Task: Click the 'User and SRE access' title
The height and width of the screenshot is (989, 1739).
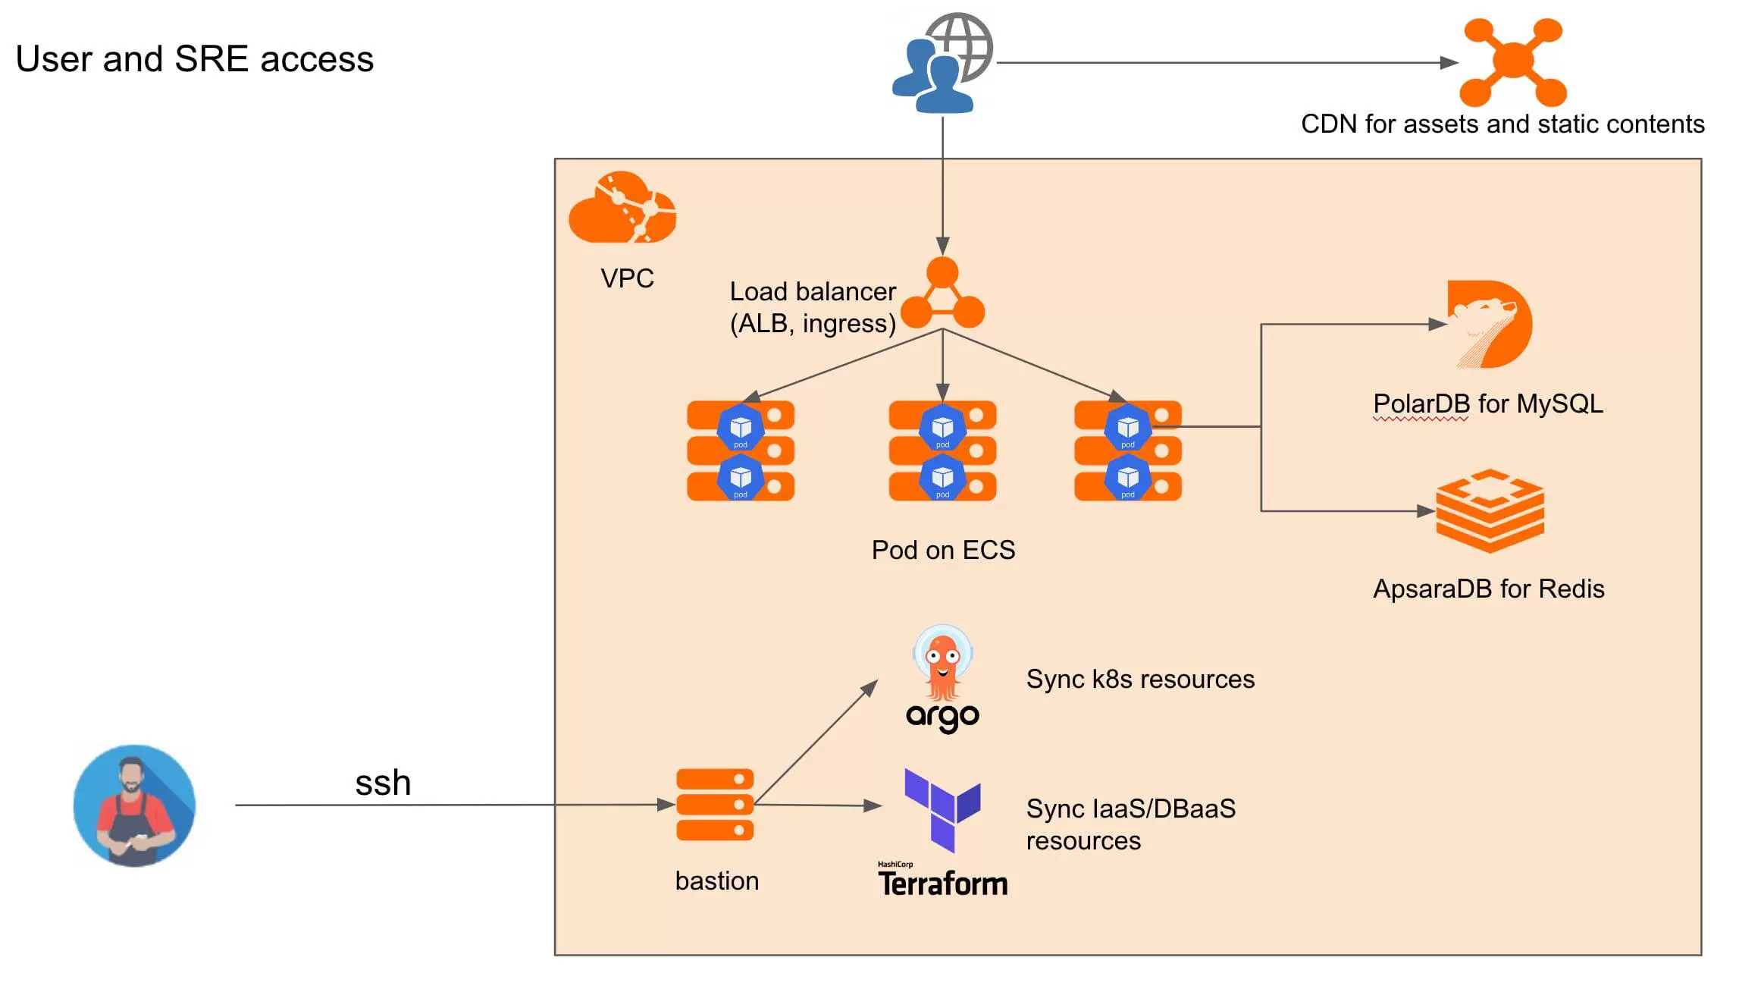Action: pos(195,59)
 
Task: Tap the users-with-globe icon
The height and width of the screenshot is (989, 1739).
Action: pos(942,64)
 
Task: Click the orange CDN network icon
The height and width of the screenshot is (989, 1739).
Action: pos(1512,61)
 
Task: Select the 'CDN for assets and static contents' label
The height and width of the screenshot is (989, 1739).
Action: pos(1502,124)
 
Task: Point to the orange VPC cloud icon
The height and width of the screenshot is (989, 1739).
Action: pos(622,208)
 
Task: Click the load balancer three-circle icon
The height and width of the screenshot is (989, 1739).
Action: pos(942,294)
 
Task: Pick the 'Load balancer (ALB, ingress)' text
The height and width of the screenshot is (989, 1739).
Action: pos(813,307)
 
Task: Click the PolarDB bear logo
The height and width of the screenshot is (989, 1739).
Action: pos(1488,324)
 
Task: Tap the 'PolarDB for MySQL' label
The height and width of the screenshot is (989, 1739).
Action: pos(1488,403)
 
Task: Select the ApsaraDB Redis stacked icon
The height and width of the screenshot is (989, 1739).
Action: pos(1490,510)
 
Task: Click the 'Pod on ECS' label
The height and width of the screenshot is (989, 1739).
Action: pos(943,550)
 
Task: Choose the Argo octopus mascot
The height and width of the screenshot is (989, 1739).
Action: pos(942,663)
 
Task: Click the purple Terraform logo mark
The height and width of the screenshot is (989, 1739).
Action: pos(942,808)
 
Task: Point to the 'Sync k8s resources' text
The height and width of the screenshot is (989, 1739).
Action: pos(1140,679)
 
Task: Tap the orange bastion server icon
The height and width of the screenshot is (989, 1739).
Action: pos(715,805)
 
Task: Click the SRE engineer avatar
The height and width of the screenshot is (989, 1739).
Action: pos(134,805)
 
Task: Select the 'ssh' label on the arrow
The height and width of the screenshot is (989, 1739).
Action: pos(383,783)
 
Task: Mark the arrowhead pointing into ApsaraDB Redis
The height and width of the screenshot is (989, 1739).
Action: pos(1426,511)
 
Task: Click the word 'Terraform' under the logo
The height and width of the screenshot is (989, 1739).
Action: pos(943,884)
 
